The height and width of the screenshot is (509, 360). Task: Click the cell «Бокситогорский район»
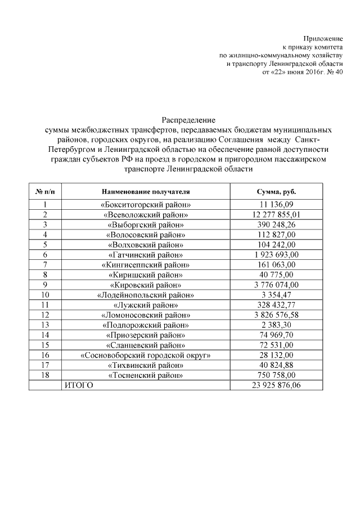(146, 204)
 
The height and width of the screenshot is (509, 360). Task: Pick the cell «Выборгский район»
(146, 224)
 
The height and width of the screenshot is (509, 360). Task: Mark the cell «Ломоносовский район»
(146, 315)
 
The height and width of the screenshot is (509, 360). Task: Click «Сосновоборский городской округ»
(146, 355)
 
